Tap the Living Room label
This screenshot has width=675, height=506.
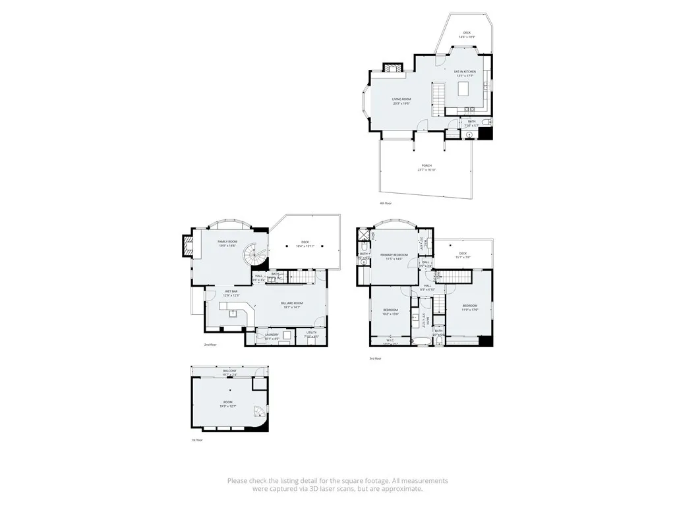pyautogui.click(x=401, y=99)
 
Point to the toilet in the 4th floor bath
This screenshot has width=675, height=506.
pyautogui.click(x=486, y=123)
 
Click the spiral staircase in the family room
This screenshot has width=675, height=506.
pyautogui.click(x=252, y=256)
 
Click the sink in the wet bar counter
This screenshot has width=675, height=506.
pyautogui.click(x=233, y=314)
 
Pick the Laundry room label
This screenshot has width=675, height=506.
pyautogui.click(x=272, y=334)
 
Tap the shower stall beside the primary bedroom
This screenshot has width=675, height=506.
pyautogui.click(x=363, y=235)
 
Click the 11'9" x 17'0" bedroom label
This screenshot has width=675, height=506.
pyautogui.click(x=469, y=306)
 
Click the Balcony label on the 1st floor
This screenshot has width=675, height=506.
pyautogui.click(x=229, y=372)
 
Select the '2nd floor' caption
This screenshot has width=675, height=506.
pyautogui.click(x=210, y=345)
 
